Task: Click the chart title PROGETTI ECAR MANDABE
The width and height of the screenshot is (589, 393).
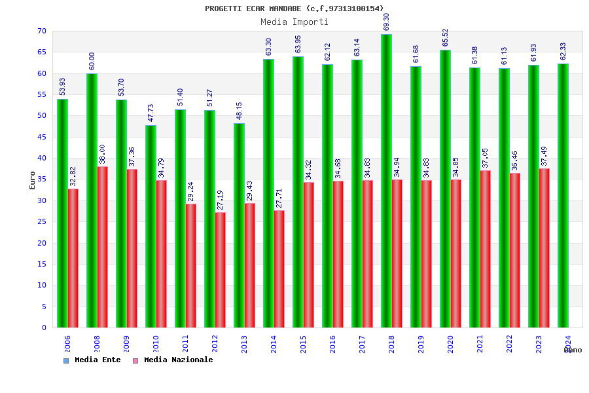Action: point(294,9)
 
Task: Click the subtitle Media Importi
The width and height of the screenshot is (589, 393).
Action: point(294,22)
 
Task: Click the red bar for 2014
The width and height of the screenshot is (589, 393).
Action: point(279,269)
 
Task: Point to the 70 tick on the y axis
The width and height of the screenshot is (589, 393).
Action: point(42,31)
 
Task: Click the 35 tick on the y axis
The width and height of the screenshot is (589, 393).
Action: point(42,179)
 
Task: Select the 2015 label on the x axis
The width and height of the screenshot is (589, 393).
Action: point(303,344)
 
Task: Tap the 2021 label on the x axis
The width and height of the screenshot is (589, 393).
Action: point(480,344)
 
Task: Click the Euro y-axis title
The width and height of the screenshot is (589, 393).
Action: point(33,180)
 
